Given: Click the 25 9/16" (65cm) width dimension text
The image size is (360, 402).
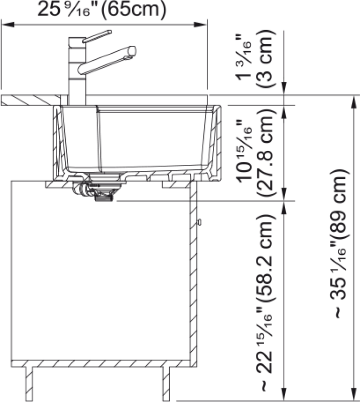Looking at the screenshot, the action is [102, 10].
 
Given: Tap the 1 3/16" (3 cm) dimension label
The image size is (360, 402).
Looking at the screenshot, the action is [256, 59].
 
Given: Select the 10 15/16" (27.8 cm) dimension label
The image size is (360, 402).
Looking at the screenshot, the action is [256, 153].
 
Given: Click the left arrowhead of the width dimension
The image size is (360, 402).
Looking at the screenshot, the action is [8, 25].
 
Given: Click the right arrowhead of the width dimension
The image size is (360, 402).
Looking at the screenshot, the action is [200, 25].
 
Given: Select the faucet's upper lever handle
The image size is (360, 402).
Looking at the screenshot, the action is [97, 36].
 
